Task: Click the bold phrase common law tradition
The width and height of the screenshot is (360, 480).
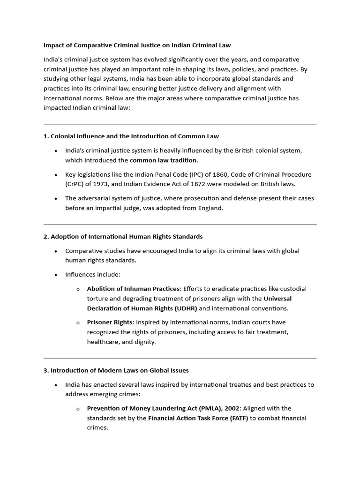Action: (163, 160)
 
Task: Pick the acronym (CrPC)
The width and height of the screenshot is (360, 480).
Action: (76, 184)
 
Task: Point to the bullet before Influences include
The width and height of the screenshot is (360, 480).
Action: (56, 275)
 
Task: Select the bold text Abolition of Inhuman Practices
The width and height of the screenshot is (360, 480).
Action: (133, 289)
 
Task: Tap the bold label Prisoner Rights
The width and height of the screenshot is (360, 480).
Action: (110, 322)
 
